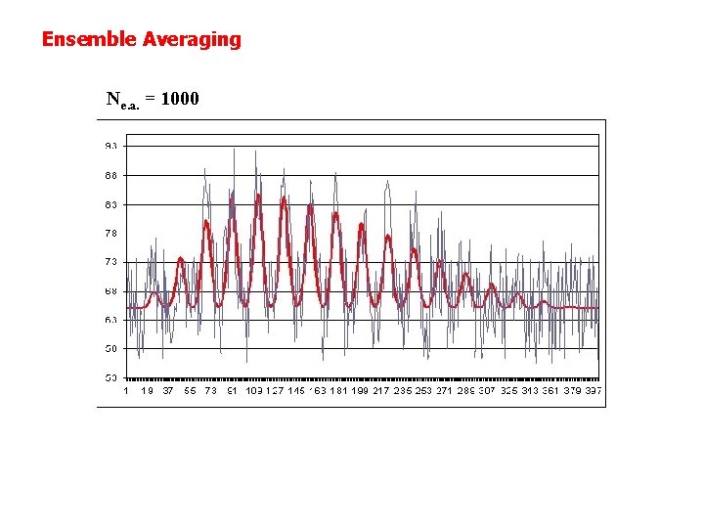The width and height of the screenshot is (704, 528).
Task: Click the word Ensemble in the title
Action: [x=89, y=40]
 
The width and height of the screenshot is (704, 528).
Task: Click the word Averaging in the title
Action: [x=192, y=40]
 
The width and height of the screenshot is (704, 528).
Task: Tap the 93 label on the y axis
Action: [x=111, y=146]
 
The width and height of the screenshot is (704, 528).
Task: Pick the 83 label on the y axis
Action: [x=111, y=204]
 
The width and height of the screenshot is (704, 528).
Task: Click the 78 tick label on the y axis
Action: [x=111, y=233]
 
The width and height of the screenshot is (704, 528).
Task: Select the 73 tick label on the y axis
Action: [x=111, y=261]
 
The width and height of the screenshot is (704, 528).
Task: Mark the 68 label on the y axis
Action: [x=111, y=290]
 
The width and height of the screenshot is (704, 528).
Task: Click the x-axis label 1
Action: [x=127, y=390]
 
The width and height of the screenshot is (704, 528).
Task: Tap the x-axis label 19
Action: [x=147, y=390]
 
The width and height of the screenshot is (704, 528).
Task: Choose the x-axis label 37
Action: [x=168, y=390]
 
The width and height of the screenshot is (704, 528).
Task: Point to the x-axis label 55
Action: [x=190, y=390]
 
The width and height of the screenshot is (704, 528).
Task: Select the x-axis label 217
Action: [x=380, y=390]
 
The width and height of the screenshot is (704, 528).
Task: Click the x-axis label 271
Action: [x=444, y=390]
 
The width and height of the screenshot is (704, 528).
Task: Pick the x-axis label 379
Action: [x=571, y=390]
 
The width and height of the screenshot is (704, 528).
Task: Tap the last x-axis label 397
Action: [x=593, y=390]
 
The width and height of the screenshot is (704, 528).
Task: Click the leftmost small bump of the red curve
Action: [x=181, y=259]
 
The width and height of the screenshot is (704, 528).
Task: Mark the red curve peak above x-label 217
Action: [x=388, y=236]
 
